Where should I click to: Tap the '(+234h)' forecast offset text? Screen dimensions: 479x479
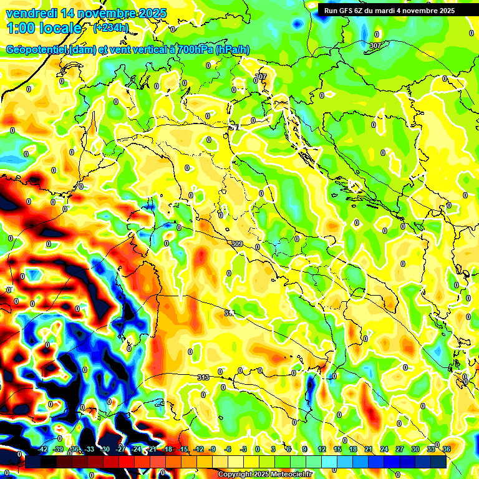tap(111, 28)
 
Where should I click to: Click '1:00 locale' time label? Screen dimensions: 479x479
tap(44, 28)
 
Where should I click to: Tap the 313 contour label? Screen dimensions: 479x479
tap(203, 377)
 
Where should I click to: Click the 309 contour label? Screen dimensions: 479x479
tap(236, 243)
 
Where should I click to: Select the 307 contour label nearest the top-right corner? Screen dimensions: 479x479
tap(375, 46)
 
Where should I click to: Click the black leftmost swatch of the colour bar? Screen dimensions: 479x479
tap(33, 461)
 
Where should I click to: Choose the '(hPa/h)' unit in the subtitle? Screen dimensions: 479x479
tap(233, 50)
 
